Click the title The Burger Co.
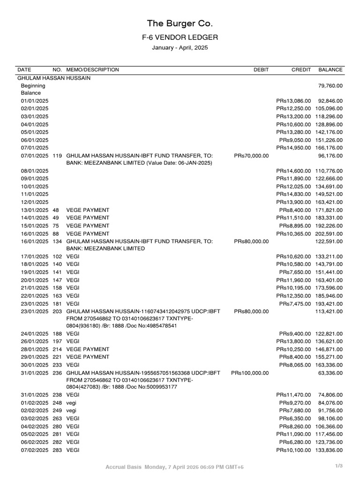(180, 23)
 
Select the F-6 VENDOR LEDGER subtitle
(180, 37)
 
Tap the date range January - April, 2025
(180, 48)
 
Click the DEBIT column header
(261, 70)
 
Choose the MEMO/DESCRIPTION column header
(93, 70)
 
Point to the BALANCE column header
(330, 70)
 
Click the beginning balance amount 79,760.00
(330, 86)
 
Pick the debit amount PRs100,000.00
(250, 373)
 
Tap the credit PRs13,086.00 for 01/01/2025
(293, 101)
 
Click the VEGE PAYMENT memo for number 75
(88, 225)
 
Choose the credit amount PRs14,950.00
(293, 148)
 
